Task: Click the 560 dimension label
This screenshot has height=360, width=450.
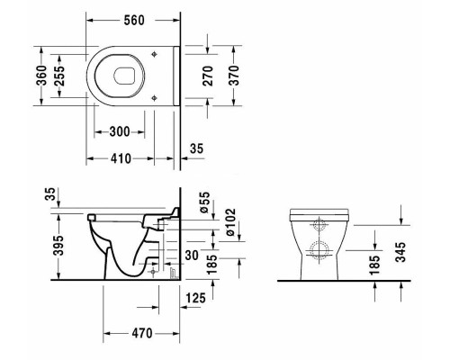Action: click(x=134, y=20)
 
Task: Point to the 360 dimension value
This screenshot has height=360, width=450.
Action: click(x=42, y=76)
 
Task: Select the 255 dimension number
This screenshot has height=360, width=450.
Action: click(x=59, y=76)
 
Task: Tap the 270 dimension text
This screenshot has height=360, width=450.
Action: click(x=208, y=76)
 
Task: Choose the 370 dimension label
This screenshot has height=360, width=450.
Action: click(x=235, y=76)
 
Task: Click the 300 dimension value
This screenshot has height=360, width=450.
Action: click(x=120, y=131)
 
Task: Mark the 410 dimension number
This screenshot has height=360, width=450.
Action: click(x=121, y=158)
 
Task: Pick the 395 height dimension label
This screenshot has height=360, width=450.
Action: click(x=58, y=246)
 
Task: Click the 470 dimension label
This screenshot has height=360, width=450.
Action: click(x=142, y=333)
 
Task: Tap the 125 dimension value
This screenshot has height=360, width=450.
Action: click(x=196, y=298)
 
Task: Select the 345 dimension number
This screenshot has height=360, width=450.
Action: click(x=400, y=252)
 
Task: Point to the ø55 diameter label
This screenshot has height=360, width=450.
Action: click(x=204, y=202)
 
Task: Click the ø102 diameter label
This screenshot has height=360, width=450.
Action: click(x=230, y=222)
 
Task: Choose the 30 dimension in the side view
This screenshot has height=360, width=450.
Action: click(x=192, y=256)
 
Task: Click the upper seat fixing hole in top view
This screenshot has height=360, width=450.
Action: click(x=154, y=54)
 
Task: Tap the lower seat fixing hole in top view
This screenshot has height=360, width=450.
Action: click(x=154, y=97)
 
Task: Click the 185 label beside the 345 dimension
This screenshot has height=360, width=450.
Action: click(x=374, y=265)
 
